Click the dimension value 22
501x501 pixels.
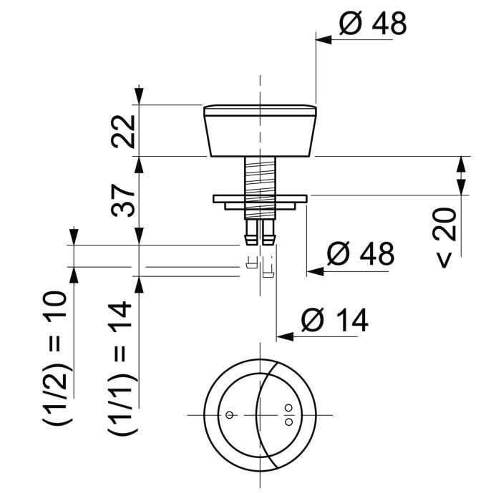click(x=124, y=131)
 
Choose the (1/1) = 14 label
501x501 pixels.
click(x=122, y=369)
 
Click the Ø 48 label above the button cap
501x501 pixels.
click(x=372, y=24)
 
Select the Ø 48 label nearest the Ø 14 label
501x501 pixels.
click(x=360, y=253)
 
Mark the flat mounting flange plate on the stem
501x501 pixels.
click(x=260, y=198)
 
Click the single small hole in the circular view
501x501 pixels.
click(x=228, y=415)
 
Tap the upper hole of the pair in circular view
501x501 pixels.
click(x=288, y=409)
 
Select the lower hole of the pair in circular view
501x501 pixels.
click(x=288, y=422)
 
